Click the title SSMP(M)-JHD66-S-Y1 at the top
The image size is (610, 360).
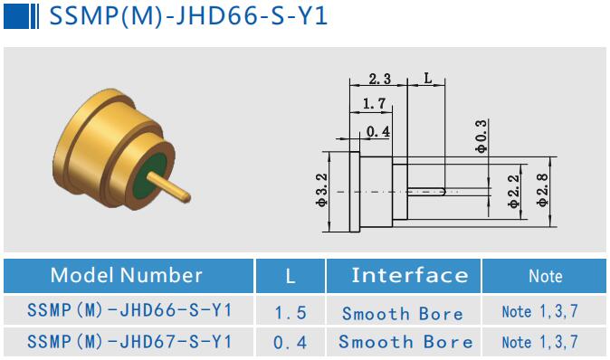[186, 17]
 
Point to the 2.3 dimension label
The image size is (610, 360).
[379, 80]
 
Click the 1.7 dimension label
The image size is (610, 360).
[372, 105]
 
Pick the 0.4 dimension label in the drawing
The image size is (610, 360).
[377, 133]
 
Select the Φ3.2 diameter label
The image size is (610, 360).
[321, 191]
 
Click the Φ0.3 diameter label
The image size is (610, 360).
[481, 135]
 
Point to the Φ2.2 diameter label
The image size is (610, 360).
[513, 192]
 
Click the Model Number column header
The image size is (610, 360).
[127, 276]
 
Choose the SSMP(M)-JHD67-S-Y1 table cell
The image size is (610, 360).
[129, 342]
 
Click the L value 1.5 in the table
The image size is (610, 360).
[291, 313]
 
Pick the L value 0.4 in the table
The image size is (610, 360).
[291, 342]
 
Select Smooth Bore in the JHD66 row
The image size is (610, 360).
[402, 313]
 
